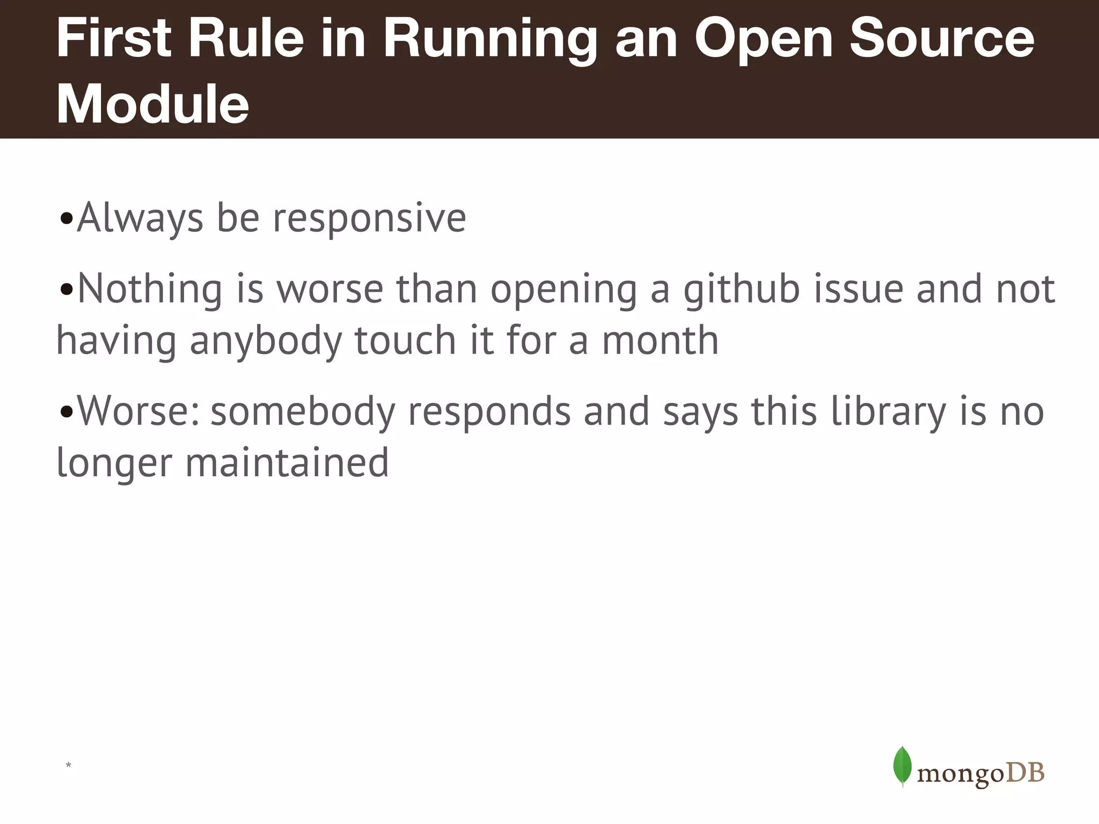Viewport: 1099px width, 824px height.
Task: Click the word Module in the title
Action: [x=152, y=104]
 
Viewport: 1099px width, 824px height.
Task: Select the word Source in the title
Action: [x=942, y=39]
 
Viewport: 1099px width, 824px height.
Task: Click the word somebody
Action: [x=303, y=412]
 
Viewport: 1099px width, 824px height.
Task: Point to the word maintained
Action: [x=287, y=463]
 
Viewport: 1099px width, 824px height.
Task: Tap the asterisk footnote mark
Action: [x=68, y=765]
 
